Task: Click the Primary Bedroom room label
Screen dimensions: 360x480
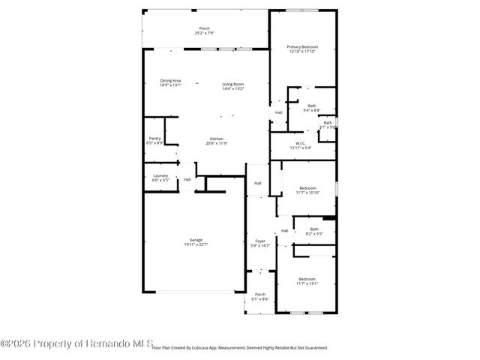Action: click(302, 46)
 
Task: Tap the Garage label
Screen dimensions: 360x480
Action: click(196, 240)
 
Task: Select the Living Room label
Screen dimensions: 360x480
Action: click(232, 84)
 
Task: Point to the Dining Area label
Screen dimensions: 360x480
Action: click(170, 80)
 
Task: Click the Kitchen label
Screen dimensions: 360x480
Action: click(216, 139)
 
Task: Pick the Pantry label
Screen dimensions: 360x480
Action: click(154, 138)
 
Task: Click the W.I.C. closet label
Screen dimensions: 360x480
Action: click(300, 143)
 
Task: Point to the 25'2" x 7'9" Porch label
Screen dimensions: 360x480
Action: click(205, 28)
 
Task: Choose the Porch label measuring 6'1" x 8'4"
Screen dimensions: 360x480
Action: click(260, 294)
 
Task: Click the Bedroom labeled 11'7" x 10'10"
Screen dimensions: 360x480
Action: click(307, 187)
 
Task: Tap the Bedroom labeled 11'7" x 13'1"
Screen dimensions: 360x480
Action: click(307, 279)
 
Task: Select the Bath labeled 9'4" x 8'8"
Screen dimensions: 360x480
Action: click(311, 106)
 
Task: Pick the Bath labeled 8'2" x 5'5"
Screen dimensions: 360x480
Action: click(314, 229)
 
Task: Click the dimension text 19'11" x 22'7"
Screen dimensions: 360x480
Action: click(196, 244)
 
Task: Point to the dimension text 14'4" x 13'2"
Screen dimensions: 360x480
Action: click(232, 88)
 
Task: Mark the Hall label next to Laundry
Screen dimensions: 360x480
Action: click(187, 179)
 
